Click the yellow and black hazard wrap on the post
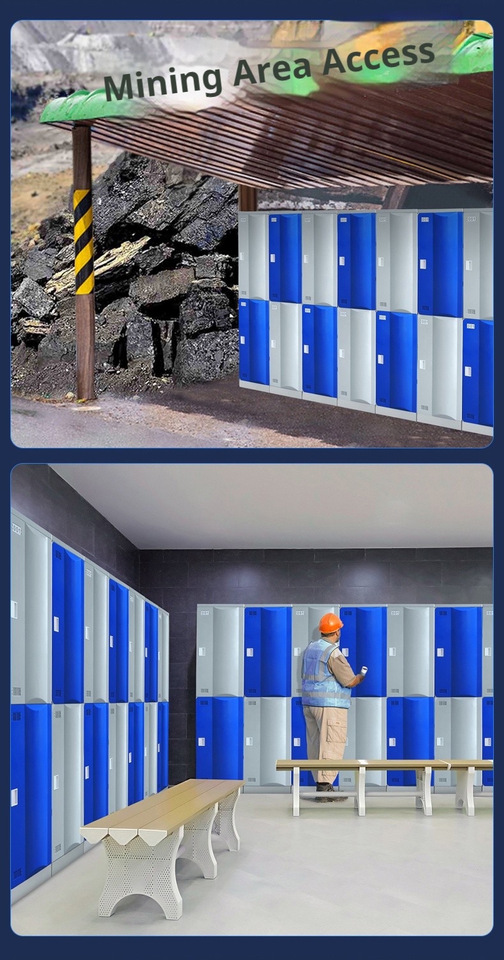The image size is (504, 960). click(x=83, y=241)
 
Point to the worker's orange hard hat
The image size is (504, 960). click(x=330, y=623)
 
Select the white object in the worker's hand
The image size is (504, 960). click(x=364, y=670)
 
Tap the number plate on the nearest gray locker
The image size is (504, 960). click(x=16, y=529)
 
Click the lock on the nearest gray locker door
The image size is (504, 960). click(x=14, y=609)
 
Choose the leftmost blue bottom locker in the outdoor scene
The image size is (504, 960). click(x=253, y=341)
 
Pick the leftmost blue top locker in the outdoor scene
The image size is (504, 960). click(x=285, y=258)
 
